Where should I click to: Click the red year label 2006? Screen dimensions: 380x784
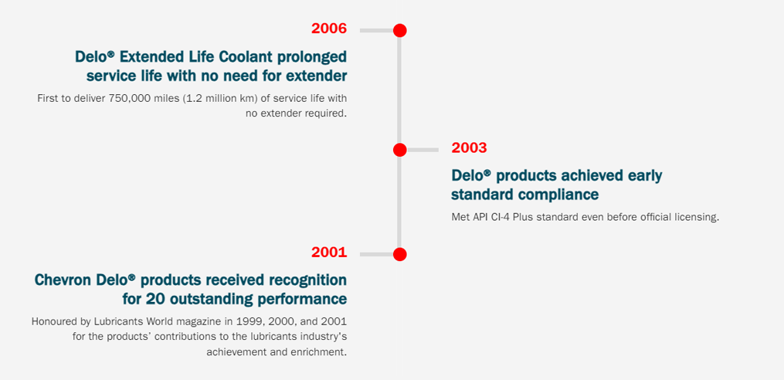point(329,29)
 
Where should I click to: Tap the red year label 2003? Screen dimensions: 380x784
point(469,148)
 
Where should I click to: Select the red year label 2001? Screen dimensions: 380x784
point(329,253)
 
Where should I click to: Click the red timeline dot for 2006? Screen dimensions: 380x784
point(399,30)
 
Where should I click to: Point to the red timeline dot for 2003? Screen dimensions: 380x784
point(399,149)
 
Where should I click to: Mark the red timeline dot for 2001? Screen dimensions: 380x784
point(399,254)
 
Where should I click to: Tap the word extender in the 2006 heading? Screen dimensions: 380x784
point(316,76)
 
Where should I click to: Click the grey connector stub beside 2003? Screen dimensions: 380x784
point(423,149)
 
